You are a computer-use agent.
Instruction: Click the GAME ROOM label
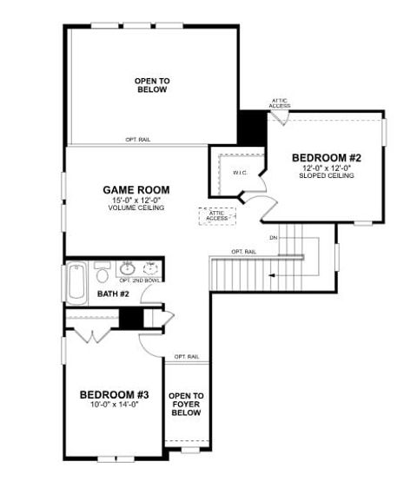(x=136, y=189)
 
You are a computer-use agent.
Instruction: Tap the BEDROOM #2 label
(x=326, y=157)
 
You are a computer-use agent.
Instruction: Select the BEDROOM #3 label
(x=109, y=392)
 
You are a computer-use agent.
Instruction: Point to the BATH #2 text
(x=113, y=294)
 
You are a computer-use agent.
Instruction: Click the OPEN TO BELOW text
(x=152, y=84)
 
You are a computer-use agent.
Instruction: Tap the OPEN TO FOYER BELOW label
(x=186, y=405)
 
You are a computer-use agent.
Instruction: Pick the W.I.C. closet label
(x=241, y=173)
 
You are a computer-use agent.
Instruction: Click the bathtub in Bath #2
(x=75, y=283)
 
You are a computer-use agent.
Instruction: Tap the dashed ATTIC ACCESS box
(x=216, y=215)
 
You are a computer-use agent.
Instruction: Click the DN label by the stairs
(x=273, y=237)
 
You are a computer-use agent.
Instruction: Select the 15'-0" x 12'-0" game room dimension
(x=136, y=201)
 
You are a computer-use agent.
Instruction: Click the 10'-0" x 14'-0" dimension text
(x=109, y=404)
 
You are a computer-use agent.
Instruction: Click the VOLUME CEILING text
(x=136, y=209)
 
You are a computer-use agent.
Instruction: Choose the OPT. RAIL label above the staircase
(x=243, y=252)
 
